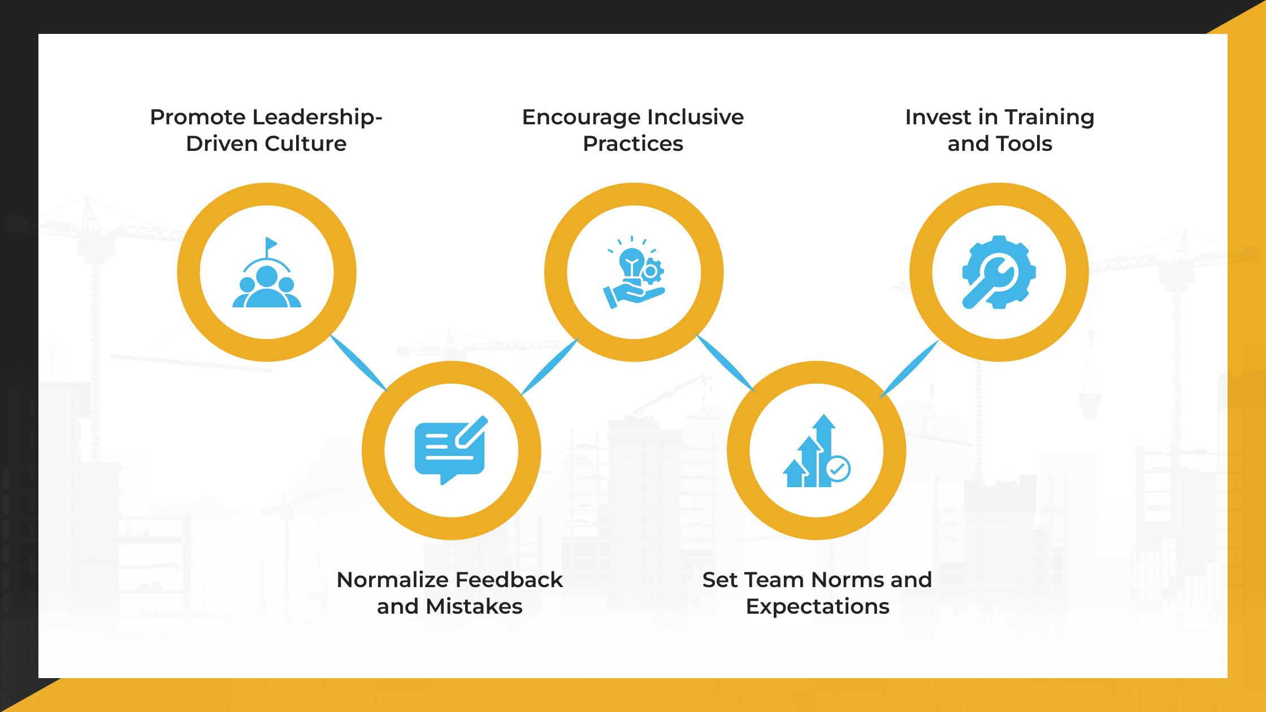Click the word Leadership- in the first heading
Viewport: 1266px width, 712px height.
[318, 118]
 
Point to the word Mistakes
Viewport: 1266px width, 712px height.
[474, 606]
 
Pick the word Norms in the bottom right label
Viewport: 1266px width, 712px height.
[840, 580]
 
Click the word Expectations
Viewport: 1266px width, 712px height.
[817, 606]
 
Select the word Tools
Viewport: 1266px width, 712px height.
[1025, 144]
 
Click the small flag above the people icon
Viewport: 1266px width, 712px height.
[271, 244]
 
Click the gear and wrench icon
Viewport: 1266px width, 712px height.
[999, 272]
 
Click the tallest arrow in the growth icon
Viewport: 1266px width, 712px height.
[825, 446]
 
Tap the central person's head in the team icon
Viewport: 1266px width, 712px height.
[267, 277]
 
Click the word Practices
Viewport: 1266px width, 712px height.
[633, 144]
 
